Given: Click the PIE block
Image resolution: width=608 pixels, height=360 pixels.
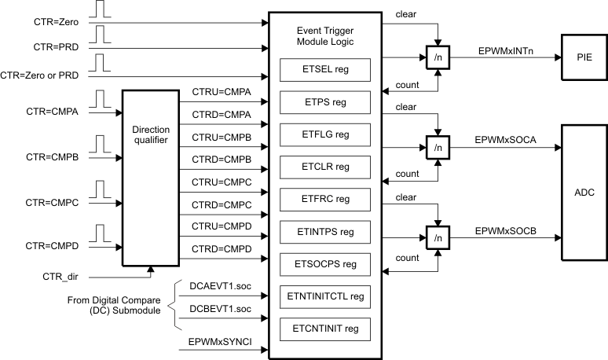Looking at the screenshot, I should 583,57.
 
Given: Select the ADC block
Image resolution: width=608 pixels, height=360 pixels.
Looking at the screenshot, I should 583,191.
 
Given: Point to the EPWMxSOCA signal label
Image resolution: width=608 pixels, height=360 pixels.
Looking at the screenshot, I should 504,139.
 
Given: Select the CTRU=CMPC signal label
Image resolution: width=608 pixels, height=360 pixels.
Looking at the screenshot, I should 222,182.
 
